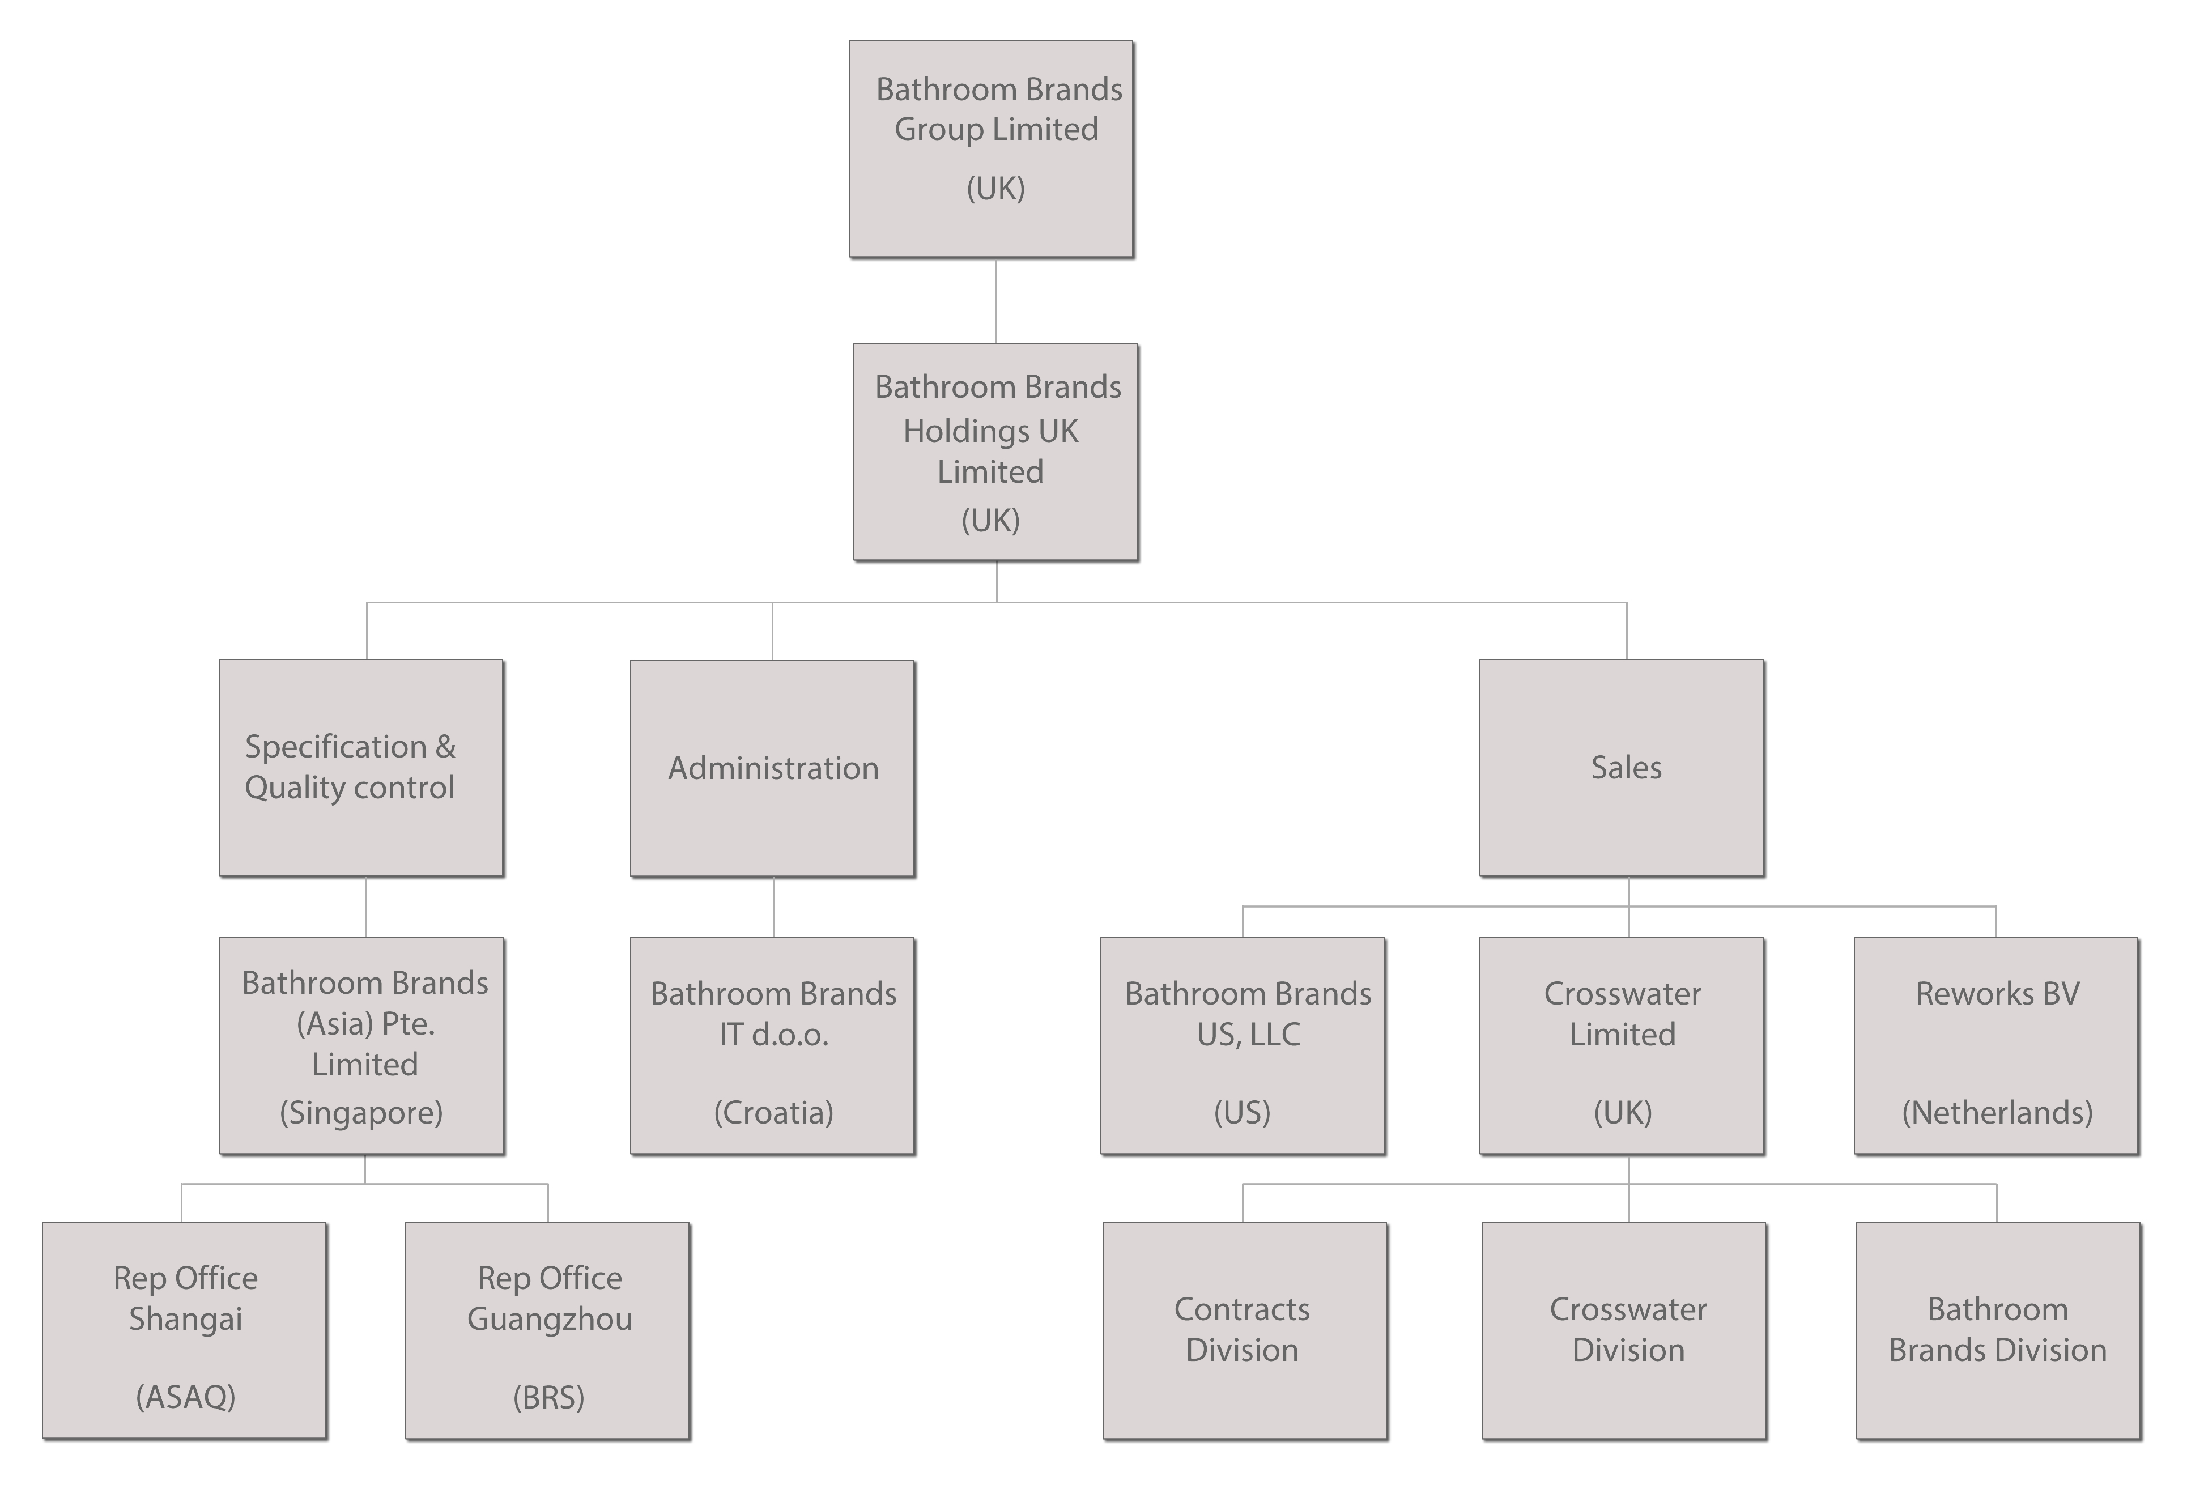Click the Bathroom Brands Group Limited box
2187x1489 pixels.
(x=991, y=148)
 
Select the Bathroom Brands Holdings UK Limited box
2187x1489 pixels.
(x=995, y=452)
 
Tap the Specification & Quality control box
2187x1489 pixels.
(x=361, y=767)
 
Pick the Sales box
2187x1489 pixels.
(x=1622, y=767)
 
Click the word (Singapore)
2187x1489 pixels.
(x=361, y=1113)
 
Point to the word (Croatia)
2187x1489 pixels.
(x=773, y=1113)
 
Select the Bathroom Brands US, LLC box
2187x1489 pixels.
(x=1242, y=1045)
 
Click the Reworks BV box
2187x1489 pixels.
(x=1996, y=1045)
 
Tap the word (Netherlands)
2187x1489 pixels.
(x=1997, y=1113)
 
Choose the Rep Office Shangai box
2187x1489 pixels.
(x=185, y=1330)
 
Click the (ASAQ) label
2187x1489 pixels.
(x=185, y=1397)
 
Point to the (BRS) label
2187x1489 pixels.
(x=548, y=1397)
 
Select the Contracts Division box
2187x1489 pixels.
(x=1244, y=1330)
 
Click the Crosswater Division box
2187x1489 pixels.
(x=1623, y=1330)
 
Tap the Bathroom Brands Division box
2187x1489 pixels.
(x=1998, y=1330)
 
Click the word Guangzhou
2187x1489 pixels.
(x=550, y=1318)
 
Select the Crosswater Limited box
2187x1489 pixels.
(x=1622, y=1045)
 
